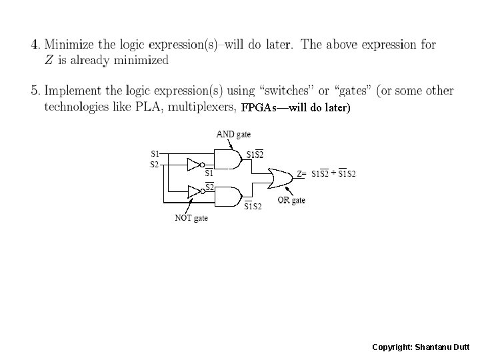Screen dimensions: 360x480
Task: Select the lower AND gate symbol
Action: tap(231, 196)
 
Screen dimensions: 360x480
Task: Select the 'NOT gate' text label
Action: tap(191, 218)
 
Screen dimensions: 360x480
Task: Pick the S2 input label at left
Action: tap(155, 163)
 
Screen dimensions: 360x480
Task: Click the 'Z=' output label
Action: tap(301, 175)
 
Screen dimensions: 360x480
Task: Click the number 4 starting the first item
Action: tap(33, 45)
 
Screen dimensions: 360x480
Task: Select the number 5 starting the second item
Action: tap(33, 91)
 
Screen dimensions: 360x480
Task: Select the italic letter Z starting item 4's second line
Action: tap(48, 60)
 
